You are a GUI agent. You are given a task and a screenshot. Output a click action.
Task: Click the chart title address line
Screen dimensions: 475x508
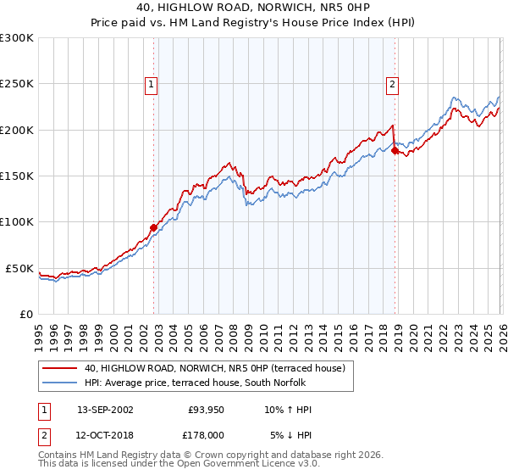coord(253,7)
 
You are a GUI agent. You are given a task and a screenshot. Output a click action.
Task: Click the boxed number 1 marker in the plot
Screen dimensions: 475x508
coord(151,84)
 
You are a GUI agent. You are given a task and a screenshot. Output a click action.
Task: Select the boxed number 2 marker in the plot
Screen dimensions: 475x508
coord(394,84)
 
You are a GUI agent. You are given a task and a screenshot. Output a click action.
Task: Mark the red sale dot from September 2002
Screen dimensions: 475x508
coord(153,227)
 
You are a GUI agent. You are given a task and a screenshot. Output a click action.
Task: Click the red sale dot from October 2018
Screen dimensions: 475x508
coord(395,150)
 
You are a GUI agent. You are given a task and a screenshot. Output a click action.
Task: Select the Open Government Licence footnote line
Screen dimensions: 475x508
coord(179,465)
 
